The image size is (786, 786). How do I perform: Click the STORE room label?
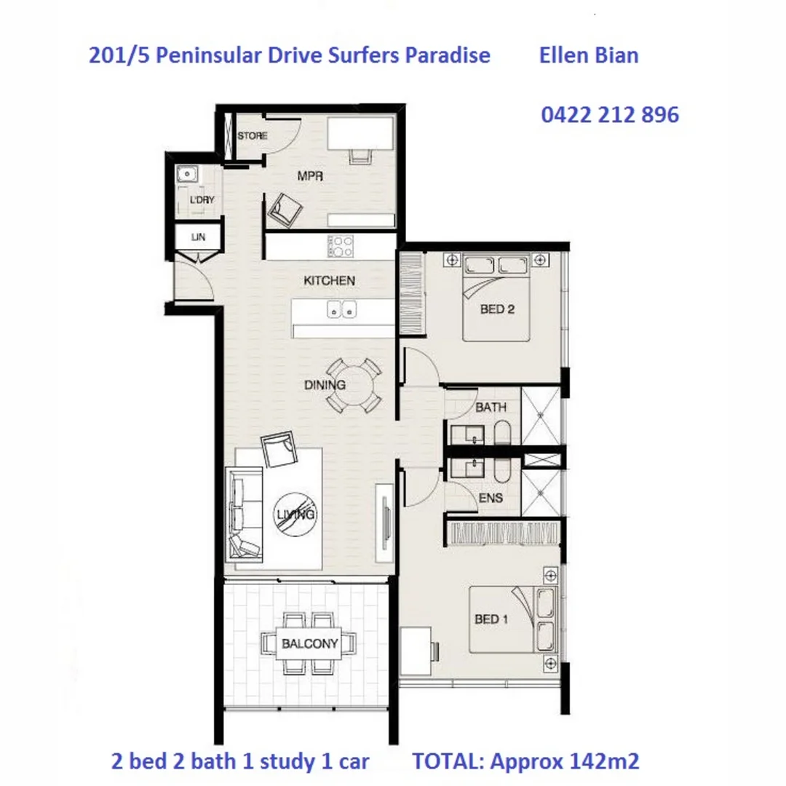[x=253, y=136]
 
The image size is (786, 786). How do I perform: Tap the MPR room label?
[x=310, y=176]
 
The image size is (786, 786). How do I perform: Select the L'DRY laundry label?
[x=202, y=199]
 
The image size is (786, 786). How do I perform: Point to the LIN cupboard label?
[x=199, y=237]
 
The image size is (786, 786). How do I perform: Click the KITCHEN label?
[x=330, y=280]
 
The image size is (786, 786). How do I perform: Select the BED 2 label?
[x=497, y=309]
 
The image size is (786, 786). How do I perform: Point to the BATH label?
[x=491, y=408]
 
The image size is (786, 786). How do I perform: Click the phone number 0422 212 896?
[x=610, y=114]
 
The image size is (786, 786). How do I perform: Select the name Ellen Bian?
[x=589, y=55]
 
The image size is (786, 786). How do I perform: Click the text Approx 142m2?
[x=565, y=761]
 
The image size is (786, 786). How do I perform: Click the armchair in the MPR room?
[x=284, y=210]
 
